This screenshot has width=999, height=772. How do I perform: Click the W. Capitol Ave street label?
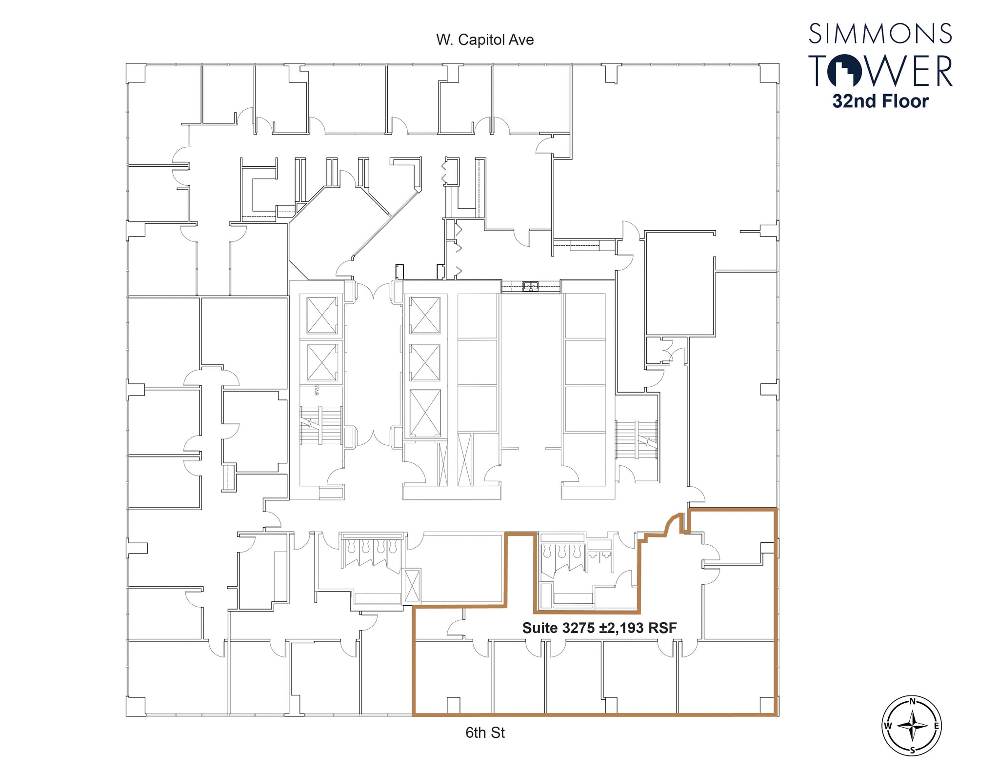(x=485, y=40)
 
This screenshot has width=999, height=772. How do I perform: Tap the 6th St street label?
(x=485, y=732)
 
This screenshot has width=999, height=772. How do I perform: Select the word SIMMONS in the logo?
(x=880, y=34)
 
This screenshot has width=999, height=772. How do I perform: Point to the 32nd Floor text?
(x=880, y=101)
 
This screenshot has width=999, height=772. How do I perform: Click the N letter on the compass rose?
(x=912, y=702)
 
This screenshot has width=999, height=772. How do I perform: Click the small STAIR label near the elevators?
(x=317, y=390)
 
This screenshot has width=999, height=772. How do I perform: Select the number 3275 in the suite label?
(x=579, y=628)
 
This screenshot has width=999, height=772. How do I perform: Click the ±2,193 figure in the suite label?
(x=622, y=628)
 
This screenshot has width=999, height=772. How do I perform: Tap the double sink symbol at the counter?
(x=531, y=286)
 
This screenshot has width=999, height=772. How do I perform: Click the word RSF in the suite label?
(x=662, y=628)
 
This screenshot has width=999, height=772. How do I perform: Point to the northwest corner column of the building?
(x=136, y=73)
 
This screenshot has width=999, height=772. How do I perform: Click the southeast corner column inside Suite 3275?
(x=767, y=705)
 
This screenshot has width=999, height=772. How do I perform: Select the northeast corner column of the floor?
(x=769, y=73)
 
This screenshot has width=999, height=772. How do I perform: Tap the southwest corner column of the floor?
(x=136, y=706)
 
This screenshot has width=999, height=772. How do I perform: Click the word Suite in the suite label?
(x=540, y=628)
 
